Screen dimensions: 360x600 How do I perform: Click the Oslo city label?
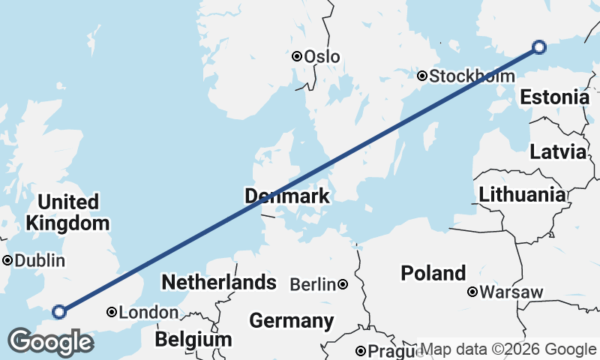[322, 57]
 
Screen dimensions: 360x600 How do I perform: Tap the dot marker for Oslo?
[297, 56]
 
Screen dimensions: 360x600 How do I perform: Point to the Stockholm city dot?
[423, 76]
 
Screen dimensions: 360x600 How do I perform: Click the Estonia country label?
[554, 97]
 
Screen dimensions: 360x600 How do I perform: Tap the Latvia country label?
[557, 151]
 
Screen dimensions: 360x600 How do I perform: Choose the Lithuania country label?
[522, 195]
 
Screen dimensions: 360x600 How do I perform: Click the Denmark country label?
[287, 196]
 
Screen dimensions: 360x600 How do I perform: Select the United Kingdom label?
[67, 212]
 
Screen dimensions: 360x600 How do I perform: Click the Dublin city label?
[40, 261]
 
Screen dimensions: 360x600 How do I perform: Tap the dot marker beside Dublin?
[7, 261]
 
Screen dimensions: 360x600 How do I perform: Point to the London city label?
[148, 313]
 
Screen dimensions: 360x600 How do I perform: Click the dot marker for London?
[112, 312]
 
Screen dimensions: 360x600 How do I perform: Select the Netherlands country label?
[219, 283]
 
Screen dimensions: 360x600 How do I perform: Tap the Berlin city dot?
[343, 284]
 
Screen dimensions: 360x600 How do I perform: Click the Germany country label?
[292, 321]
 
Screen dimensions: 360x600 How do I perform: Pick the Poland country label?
[433, 273]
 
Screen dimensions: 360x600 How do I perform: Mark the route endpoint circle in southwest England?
[59, 312]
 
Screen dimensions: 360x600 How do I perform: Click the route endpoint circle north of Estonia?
[538, 47]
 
